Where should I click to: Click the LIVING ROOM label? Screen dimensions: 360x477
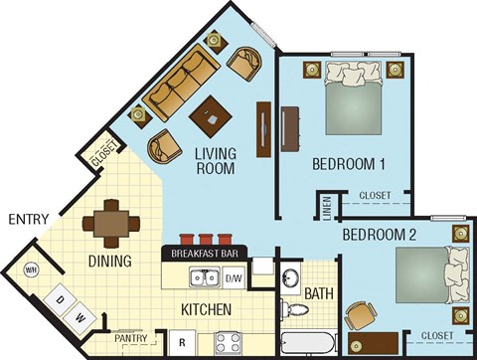[216, 160]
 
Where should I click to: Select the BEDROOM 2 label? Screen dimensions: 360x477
[379, 236]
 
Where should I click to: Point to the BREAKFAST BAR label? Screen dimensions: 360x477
[204, 254]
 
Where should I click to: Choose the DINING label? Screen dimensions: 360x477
[109, 263]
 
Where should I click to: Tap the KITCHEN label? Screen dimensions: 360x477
[207, 310]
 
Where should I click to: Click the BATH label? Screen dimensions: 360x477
[317, 293]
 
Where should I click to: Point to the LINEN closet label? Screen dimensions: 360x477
[327, 210]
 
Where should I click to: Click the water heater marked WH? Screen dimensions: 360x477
[31, 270]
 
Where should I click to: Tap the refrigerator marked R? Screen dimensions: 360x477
[182, 344]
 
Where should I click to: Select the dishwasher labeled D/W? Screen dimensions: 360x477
[233, 278]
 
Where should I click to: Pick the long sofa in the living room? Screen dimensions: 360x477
[182, 83]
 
